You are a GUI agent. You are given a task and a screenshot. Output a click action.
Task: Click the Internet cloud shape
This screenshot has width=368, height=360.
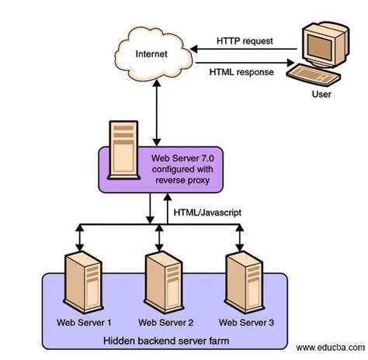tap(154, 54)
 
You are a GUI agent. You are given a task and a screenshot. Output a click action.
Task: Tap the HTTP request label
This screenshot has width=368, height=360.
tap(245, 41)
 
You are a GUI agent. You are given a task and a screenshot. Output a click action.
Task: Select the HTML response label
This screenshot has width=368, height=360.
tap(241, 72)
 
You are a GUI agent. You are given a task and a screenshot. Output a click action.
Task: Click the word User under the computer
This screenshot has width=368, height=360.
tap(321, 94)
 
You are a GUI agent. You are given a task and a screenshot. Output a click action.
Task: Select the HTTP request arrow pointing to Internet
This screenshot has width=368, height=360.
tap(243, 49)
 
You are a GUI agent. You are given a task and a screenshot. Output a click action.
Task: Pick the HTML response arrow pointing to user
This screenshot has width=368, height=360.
tap(245, 63)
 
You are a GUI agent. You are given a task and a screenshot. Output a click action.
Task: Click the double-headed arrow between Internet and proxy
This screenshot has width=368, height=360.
tap(157, 112)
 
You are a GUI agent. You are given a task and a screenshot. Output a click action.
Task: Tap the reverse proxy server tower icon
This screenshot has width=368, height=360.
tap(124, 150)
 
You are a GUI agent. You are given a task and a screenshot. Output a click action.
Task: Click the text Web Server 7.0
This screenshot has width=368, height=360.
tap(182, 158)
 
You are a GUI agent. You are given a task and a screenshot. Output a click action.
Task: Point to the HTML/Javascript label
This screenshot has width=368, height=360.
tap(207, 213)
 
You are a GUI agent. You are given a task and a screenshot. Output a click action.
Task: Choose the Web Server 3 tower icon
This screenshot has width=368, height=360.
tap(244, 282)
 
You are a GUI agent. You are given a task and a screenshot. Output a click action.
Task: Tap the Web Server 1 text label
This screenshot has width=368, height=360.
tap(84, 323)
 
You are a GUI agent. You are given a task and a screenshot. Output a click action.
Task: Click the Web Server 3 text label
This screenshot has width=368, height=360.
tap(246, 323)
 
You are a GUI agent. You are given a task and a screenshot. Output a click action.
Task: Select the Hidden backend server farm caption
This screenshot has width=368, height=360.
tap(166, 341)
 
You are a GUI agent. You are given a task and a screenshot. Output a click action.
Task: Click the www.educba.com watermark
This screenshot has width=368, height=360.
tap(331, 348)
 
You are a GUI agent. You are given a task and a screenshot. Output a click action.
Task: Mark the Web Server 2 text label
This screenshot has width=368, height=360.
tap(165, 323)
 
